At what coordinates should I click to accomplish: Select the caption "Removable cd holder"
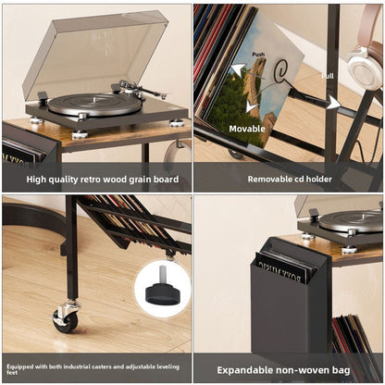(x=289, y=179)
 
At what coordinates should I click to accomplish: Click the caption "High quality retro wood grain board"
(x=96, y=179)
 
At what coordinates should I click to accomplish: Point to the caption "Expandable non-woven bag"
(x=289, y=368)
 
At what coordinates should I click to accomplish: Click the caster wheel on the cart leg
(x=66, y=318)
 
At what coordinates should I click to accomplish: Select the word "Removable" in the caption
(x=267, y=179)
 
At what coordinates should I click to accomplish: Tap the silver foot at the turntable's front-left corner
(x=36, y=120)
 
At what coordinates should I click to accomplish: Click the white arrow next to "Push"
(x=239, y=69)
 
